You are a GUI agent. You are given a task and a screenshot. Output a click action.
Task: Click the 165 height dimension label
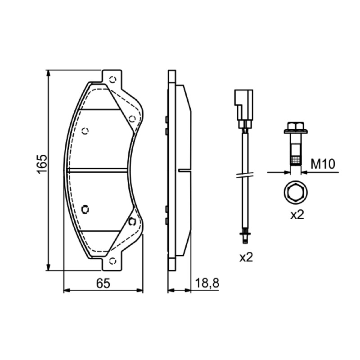(x=42, y=164)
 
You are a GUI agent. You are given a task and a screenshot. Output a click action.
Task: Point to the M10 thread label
(x=323, y=164)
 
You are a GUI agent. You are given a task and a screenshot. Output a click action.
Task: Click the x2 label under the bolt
(x=297, y=215)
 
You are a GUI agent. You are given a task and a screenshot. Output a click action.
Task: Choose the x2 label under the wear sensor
(x=246, y=257)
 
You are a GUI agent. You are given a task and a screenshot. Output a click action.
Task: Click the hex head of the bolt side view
(x=296, y=126)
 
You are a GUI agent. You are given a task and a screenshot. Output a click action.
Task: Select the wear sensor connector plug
(x=243, y=108)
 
